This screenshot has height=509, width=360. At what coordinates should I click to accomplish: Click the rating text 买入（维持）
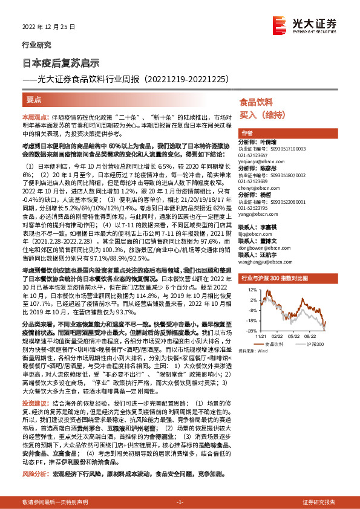click(257, 115)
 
